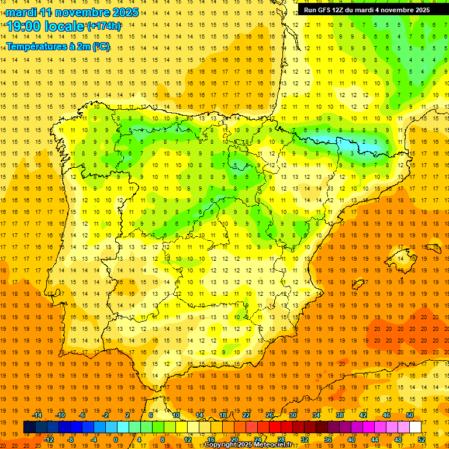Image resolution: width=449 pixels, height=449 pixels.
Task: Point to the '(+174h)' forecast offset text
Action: click(x=103, y=26)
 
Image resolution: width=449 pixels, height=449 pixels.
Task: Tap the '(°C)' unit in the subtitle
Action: click(x=101, y=46)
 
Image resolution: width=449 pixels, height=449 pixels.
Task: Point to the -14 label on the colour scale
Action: click(x=37, y=415)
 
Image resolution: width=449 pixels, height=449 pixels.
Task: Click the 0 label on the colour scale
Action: click(x=115, y=440)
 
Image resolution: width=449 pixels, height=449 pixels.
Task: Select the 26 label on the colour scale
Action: click(x=269, y=415)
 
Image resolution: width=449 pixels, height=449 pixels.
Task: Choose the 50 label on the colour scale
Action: click(x=409, y=415)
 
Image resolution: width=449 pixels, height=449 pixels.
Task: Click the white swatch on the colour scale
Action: click(x=416, y=427)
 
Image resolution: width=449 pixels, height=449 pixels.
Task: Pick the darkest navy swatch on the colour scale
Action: click(x=29, y=427)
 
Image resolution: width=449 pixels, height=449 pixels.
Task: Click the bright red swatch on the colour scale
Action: click(x=275, y=427)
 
